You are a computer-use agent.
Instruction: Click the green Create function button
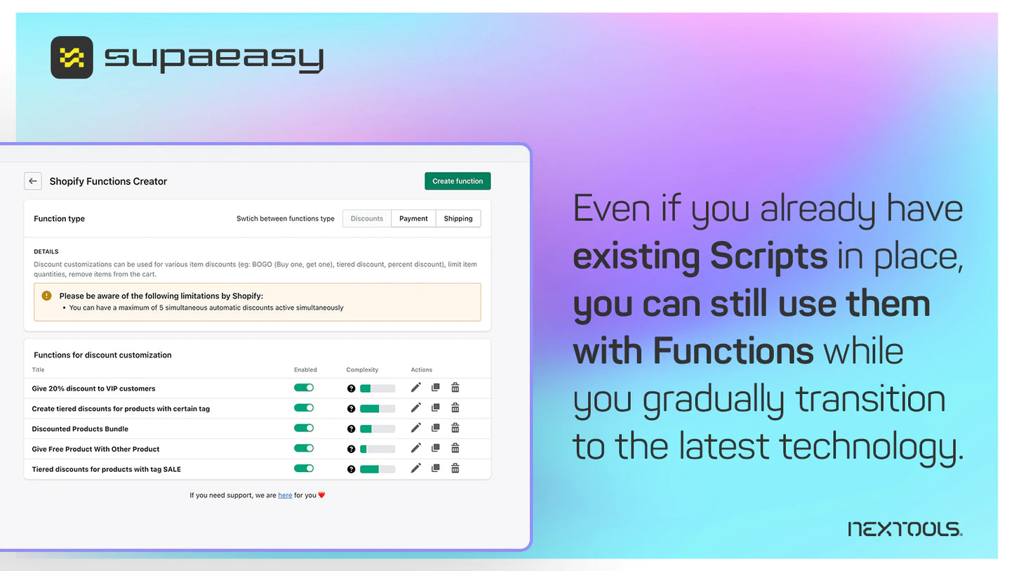tap(458, 181)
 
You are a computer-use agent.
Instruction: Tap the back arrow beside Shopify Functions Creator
tap(33, 181)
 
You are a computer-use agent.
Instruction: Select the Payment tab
tap(413, 218)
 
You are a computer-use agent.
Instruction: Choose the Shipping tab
tap(458, 218)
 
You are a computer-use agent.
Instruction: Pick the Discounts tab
tap(367, 218)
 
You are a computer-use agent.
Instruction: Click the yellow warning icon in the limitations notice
tap(47, 296)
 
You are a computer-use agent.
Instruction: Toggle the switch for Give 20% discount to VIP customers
tap(304, 388)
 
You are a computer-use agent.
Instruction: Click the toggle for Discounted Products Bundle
tap(304, 428)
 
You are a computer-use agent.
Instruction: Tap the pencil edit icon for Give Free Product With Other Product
tap(415, 448)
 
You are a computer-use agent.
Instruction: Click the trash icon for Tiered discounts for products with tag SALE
tap(455, 468)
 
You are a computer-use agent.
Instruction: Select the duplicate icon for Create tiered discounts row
tap(436, 407)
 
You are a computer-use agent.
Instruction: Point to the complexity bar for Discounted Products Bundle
tap(378, 428)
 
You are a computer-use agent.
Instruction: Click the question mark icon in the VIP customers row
tap(351, 388)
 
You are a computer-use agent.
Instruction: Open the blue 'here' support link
tap(285, 495)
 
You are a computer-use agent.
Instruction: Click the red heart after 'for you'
tap(321, 495)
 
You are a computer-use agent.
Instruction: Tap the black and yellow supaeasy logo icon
tap(72, 58)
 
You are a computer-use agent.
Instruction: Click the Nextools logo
tap(905, 529)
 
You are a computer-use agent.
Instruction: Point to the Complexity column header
tap(362, 369)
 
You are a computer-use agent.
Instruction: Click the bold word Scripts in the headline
tap(769, 256)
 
